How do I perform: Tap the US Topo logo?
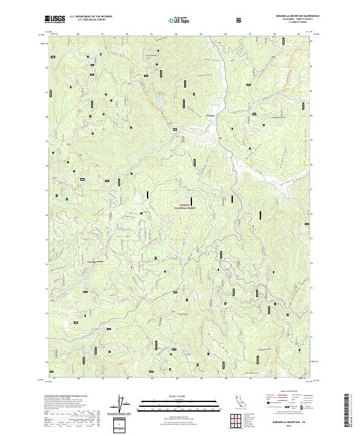coord(178,20)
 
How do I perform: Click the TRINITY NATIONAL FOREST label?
coord(185,206)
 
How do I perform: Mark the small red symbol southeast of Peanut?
coord(220,138)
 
